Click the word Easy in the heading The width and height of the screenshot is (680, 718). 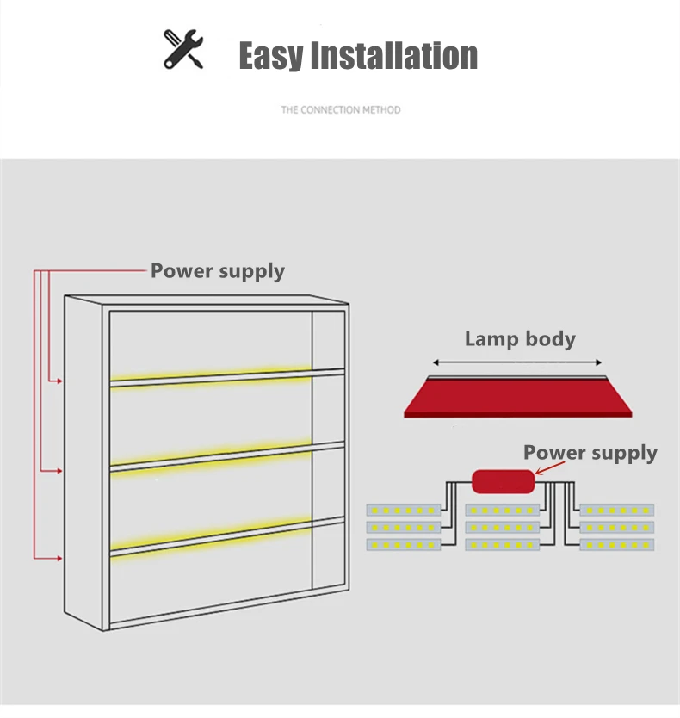270,56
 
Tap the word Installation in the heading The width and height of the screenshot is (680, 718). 393,56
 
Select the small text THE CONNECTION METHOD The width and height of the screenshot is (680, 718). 340,110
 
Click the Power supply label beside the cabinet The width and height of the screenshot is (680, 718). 217,271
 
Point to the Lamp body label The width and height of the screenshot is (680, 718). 519,338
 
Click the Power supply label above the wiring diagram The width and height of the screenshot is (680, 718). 590,453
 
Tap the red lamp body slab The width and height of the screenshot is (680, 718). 517,398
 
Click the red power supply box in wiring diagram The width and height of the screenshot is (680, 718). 504,481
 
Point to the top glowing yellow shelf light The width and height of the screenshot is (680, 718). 211,376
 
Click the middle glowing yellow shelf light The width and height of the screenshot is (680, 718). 211,454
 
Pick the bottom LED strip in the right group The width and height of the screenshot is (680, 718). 616,545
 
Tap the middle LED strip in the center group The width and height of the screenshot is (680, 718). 503,527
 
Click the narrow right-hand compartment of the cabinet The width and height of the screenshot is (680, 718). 328,465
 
